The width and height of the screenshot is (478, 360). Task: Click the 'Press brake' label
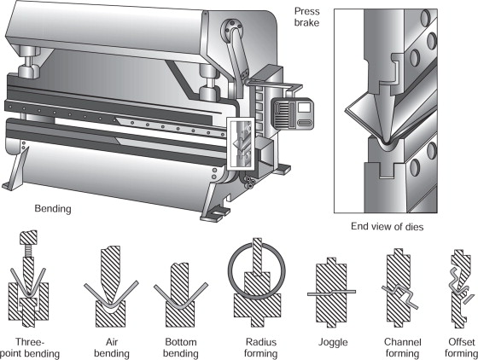click(x=306, y=17)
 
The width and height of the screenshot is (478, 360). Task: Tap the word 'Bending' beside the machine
click(x=53, y=209)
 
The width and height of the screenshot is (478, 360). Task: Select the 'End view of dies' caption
click(x=388, y=227)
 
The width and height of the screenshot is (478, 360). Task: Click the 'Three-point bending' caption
click(x=30, y=348)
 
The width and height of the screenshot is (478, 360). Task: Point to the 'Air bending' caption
click(x=112, y=348)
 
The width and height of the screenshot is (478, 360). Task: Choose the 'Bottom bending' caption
click(x=180, y=348)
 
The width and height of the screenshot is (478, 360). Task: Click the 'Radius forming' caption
click(x=260, y=348)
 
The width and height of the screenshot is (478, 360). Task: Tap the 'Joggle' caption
click(x=333, y=342)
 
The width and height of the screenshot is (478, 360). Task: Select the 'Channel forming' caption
click(x=402, y=348)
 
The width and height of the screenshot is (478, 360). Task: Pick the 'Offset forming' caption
click(x=462, y=348)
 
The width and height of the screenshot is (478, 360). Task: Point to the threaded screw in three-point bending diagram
click(x=28, y=251)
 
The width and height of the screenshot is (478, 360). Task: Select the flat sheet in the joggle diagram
click(x=331, y=293)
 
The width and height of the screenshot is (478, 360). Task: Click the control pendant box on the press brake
click(x=292, y=114)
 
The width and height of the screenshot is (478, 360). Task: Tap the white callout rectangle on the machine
click(x=241, y=143)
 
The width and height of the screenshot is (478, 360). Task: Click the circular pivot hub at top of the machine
click(x=231, y=30)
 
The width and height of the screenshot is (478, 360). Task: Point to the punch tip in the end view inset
click(x=386, y=142)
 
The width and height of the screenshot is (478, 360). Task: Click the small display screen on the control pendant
click(x=304, y=107)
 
